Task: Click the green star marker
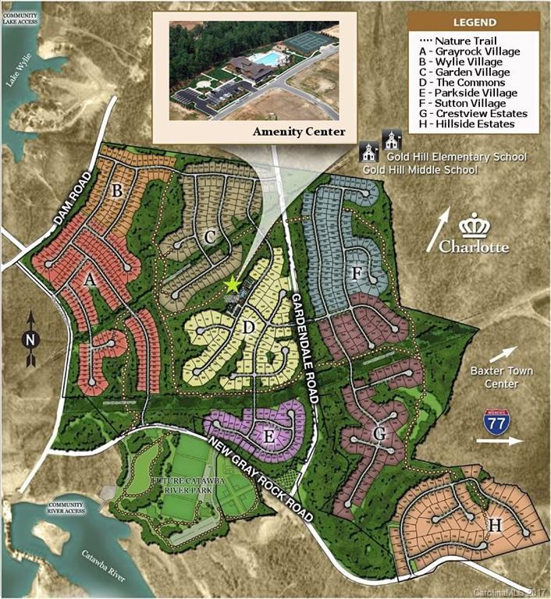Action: (231, 285)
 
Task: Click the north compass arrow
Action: (31, 338)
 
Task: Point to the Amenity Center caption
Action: (298, 132)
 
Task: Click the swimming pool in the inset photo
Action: (268, 59)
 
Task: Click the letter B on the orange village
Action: (118, 190)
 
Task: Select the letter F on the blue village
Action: (357, 273)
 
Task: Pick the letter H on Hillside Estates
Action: (494, 525)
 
